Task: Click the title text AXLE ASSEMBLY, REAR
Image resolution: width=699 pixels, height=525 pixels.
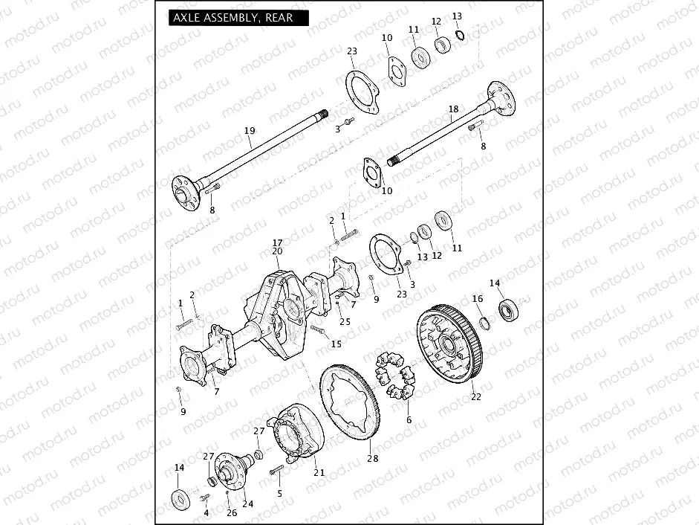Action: tap(233, 18)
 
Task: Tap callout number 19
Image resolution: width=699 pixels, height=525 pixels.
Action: tap(250, 131)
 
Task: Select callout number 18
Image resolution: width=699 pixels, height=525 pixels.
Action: tap(453, 109)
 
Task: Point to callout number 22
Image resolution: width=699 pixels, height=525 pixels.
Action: tap(475, 396)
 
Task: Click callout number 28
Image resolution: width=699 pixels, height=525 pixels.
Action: tap(372, 458)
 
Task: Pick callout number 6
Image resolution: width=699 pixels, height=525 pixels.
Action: tap(408, 419)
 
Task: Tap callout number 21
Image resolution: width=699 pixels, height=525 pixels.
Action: tap(319, 472)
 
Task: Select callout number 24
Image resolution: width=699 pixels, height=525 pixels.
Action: tap(247, 503)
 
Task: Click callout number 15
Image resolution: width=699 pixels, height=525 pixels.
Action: tap(336, 344)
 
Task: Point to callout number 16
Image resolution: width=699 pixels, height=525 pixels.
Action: tap(478, 298)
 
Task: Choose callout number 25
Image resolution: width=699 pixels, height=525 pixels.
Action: tap(345, 321)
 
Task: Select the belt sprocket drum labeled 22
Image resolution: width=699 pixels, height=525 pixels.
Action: tap(449, 346)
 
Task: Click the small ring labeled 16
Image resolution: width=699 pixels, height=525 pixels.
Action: tap(483, 322)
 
